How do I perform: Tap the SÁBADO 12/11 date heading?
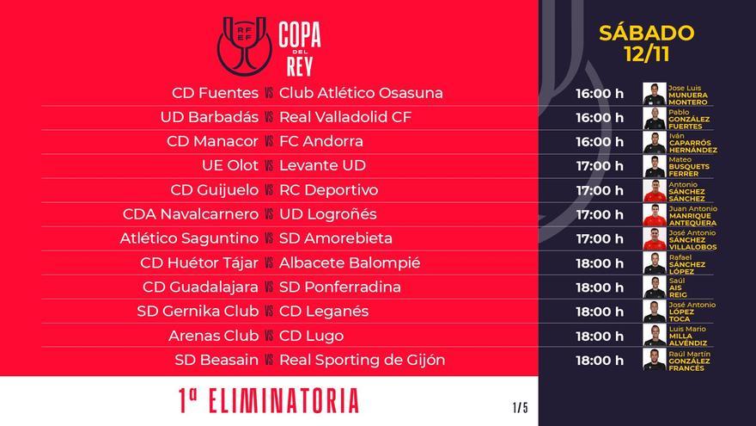coord(646,44)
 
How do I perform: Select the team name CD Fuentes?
coord(213,93)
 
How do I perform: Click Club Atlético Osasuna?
coord(362,93)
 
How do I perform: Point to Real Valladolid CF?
coord(346,117)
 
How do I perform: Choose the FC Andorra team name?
coord(321,141)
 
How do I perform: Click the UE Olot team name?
coord(229,165)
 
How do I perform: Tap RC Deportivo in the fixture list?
coord(329,190)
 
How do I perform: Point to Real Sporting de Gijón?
coord(363,360)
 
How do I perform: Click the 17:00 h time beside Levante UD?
coord(600,166)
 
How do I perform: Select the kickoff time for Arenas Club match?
coord(600,336)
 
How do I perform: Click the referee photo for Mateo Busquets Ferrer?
coord(655,166)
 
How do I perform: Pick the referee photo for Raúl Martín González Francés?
coord(655,360)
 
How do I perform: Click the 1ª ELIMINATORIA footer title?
coord(268,401)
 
